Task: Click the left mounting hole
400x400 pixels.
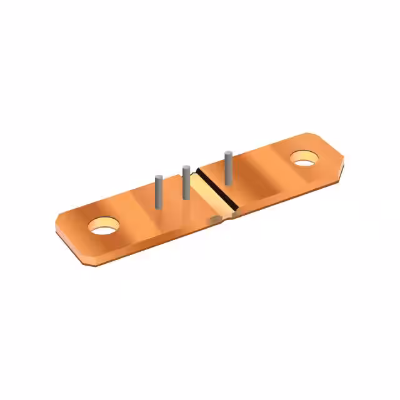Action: click(103, 226)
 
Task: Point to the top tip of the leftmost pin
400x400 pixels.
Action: click(159, 178)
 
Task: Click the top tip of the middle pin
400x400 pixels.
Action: click(186, 167)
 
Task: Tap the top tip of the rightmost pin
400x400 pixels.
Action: click(229, 153)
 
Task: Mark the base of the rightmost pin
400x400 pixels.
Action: click(229, 182)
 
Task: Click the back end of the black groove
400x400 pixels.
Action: click(199, 170)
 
